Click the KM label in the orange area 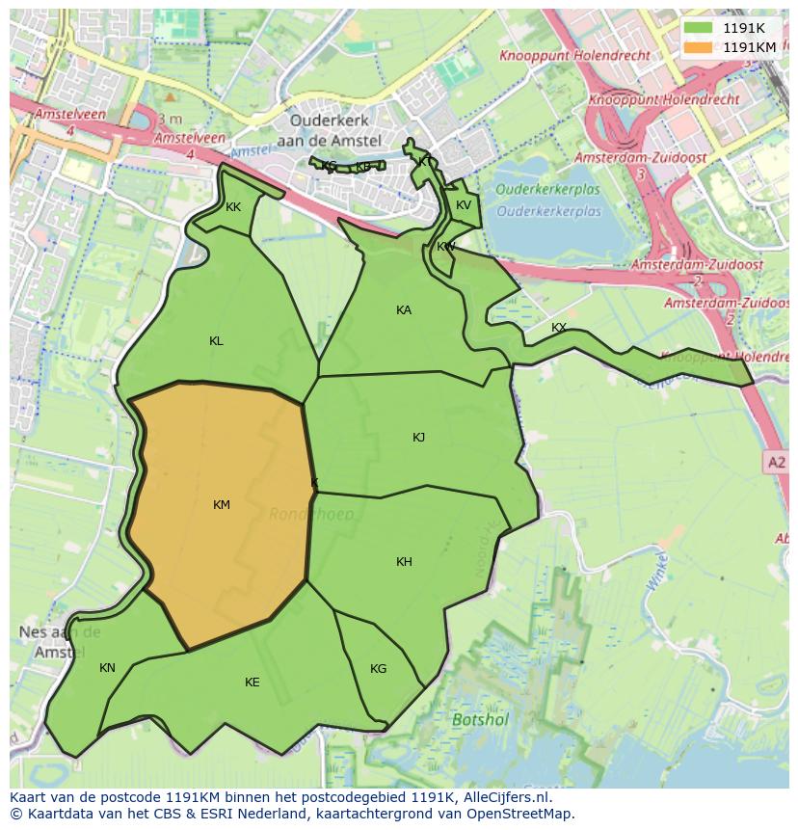(222, 505)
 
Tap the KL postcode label (216, 341)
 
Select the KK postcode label (233, 207)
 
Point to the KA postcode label (404, 310)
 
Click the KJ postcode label (418, 438)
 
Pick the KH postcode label (404, 562)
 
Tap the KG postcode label (378, 669)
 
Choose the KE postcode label (252, 683)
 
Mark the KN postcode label (107, 668)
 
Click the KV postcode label (464, 205)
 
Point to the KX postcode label (559, 328)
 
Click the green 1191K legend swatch (698, 28)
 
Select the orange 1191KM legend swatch (698, 46)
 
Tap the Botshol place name (480, 719)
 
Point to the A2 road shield (776, 463)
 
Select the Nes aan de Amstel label (60, 642)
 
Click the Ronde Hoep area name (311, 514)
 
